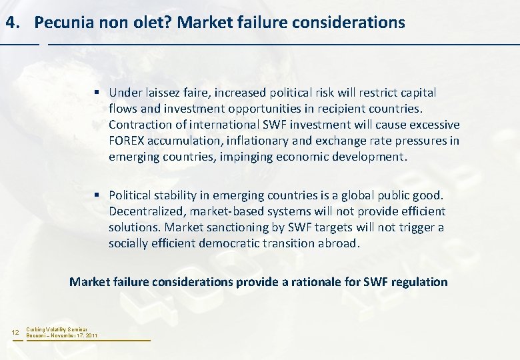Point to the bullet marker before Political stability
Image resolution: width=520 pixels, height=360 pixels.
[x=97, y=195]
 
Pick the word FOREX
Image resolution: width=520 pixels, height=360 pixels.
[x=131, y=141]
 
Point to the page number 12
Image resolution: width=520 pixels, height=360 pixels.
[x=15, y=332]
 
